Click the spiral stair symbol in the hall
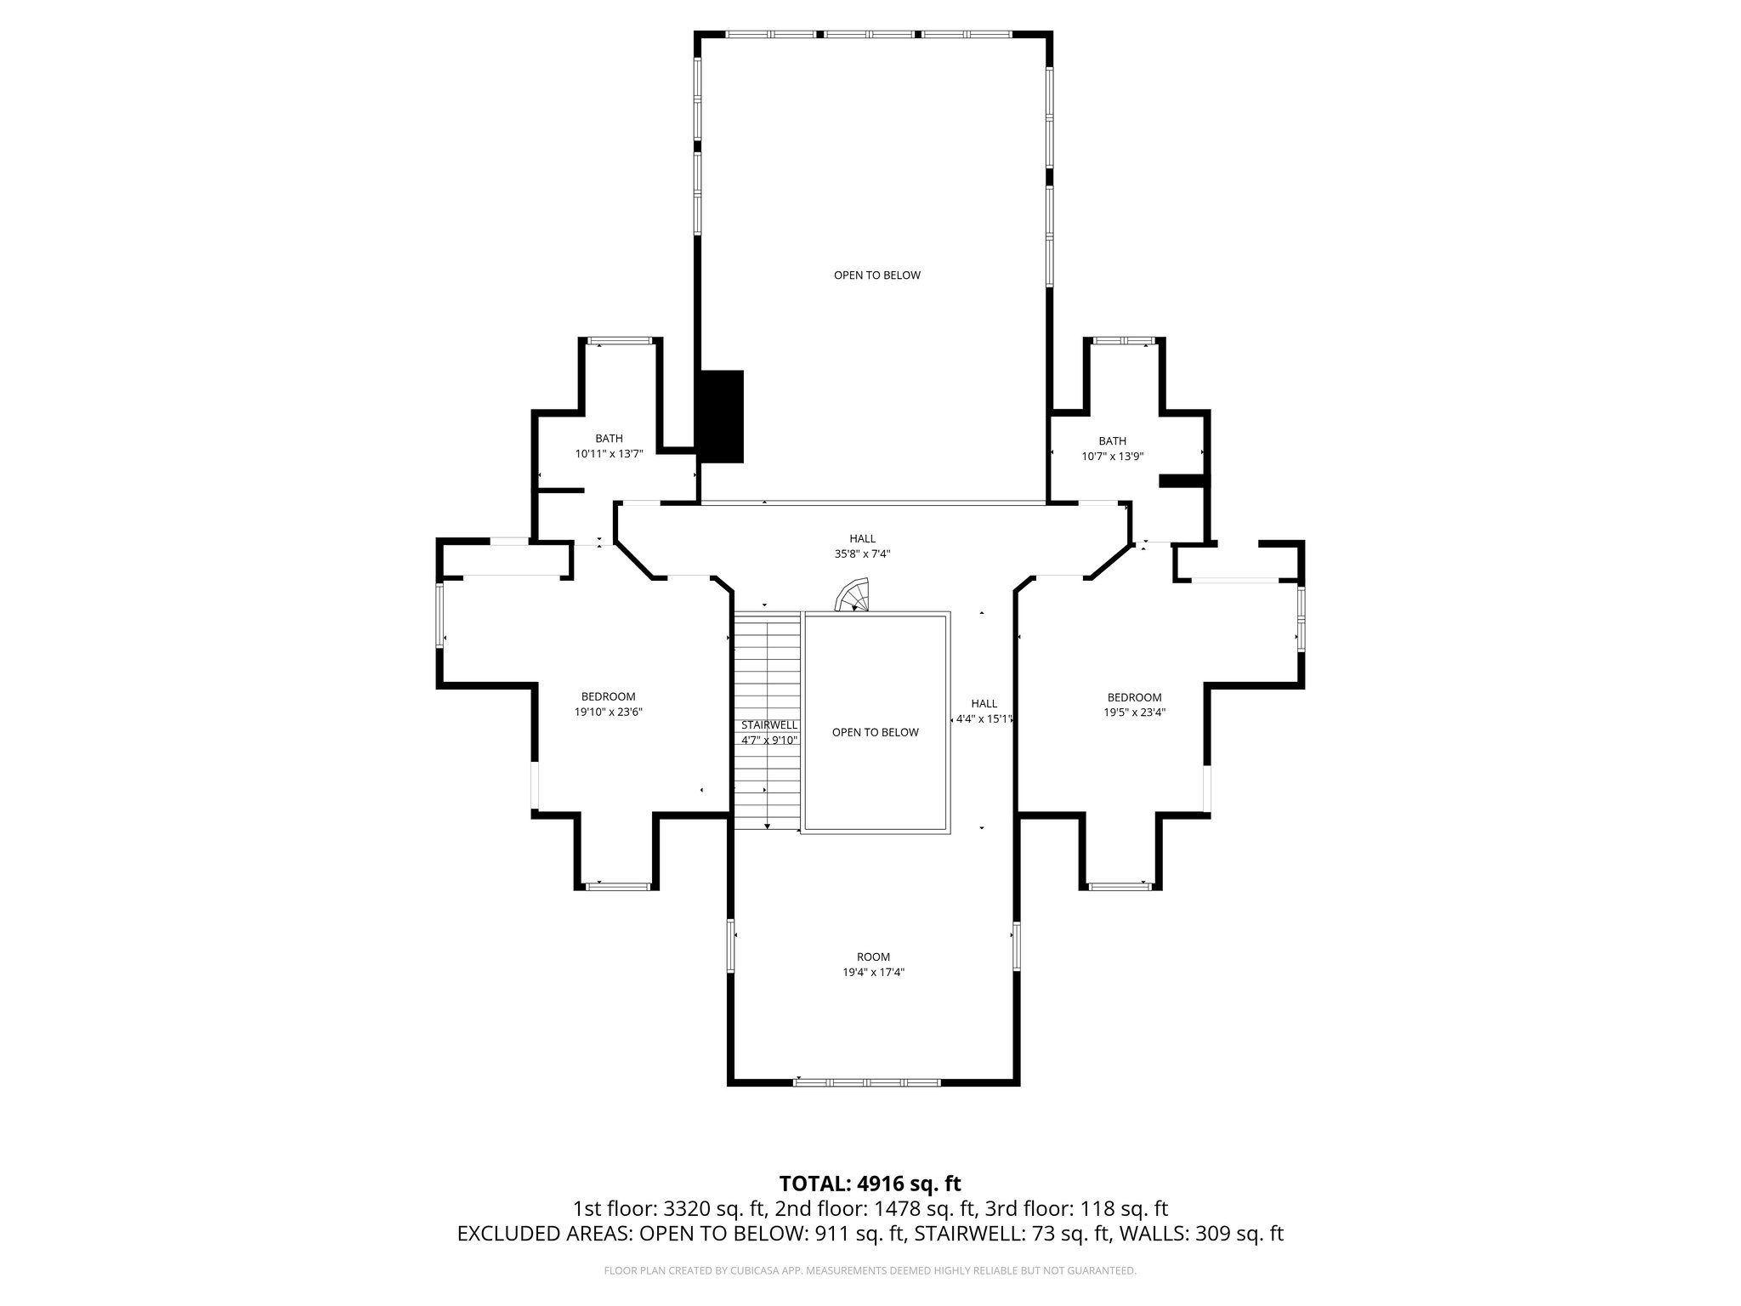click(853, 595)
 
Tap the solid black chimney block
click(720, 417)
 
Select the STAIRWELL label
click(769, 725)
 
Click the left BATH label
click(609, 439)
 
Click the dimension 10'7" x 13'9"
click(1112, 456)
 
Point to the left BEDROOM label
click(608, 696)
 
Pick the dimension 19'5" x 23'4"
click(1134, 713)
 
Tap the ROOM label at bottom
click(873, 957)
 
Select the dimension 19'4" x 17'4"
click(873, 972)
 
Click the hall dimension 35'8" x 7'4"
click(862, 554)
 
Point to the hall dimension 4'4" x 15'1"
click(984, 718)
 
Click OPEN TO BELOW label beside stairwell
click(875, 732)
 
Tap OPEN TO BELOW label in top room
click(876, 275)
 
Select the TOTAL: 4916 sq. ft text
click(870, 1184)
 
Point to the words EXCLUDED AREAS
click(544, 1234)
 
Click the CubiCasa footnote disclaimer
click(870, 1271)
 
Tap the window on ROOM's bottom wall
click(868, 1082)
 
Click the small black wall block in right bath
click(1182, 481)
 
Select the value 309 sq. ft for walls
click(1239, 1234)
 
